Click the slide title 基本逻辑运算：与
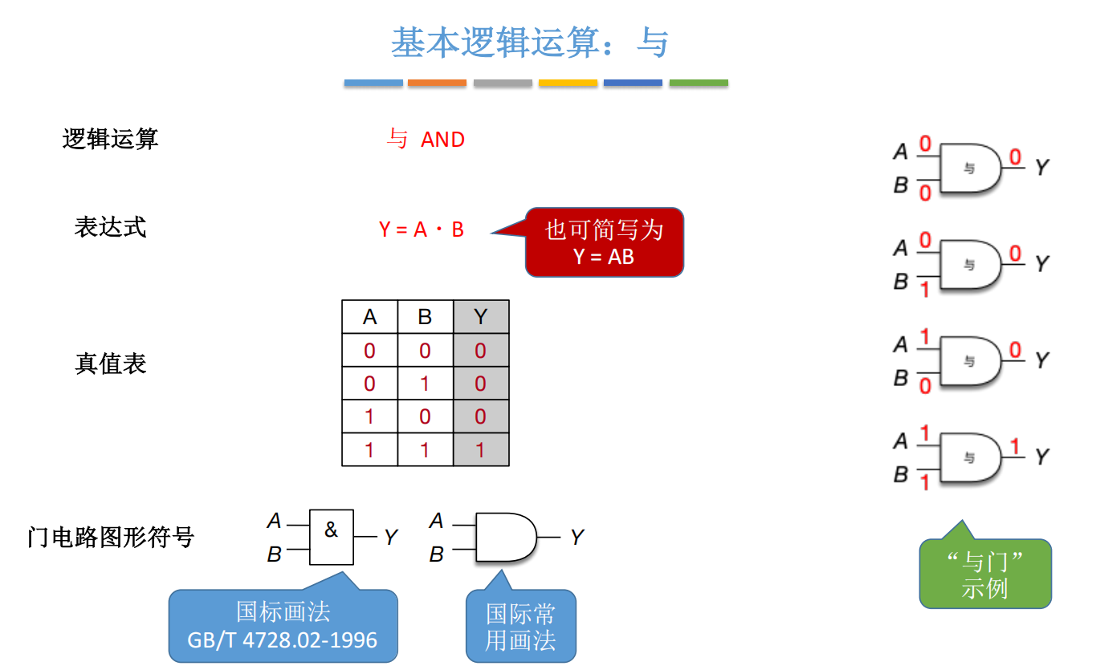(530, 43)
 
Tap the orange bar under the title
(437, 83)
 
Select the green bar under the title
(699, 83)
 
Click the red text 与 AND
(426, 140)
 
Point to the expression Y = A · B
(422, 229)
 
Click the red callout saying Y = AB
(604, 242)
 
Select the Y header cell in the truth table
(481, 317)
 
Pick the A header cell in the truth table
(369, 317)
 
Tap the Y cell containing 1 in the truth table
(481, 450)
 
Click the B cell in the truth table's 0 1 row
(425, 384)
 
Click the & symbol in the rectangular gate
(332, 530)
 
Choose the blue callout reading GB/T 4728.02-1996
(283, 627)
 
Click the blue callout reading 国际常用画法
(521, 627)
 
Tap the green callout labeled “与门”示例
(985, 574)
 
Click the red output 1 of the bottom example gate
(1015, 447)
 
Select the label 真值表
(111, 364)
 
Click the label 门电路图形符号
(111, 536)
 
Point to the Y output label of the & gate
(391, 538)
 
